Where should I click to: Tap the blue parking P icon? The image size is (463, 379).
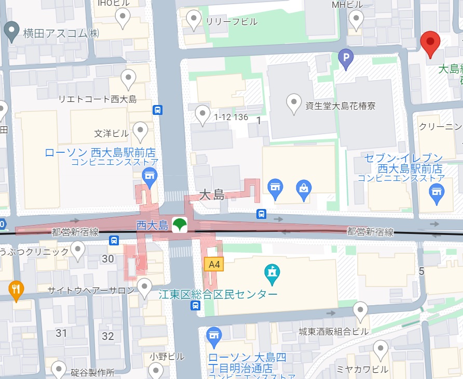(x=345, y=59)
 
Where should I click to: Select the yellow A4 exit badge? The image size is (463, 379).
(x=213, y=265)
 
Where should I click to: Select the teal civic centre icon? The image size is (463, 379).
(x=272, y=271)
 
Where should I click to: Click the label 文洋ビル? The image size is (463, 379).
(x=111, y=134)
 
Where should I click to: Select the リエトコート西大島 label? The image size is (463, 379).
(x=97, y=99)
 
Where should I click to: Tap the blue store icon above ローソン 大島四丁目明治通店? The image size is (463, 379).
(x=214, y=336)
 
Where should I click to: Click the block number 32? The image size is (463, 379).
(x=107, y=336)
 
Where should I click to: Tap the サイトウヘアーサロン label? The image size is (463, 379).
(x=91, y=291)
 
